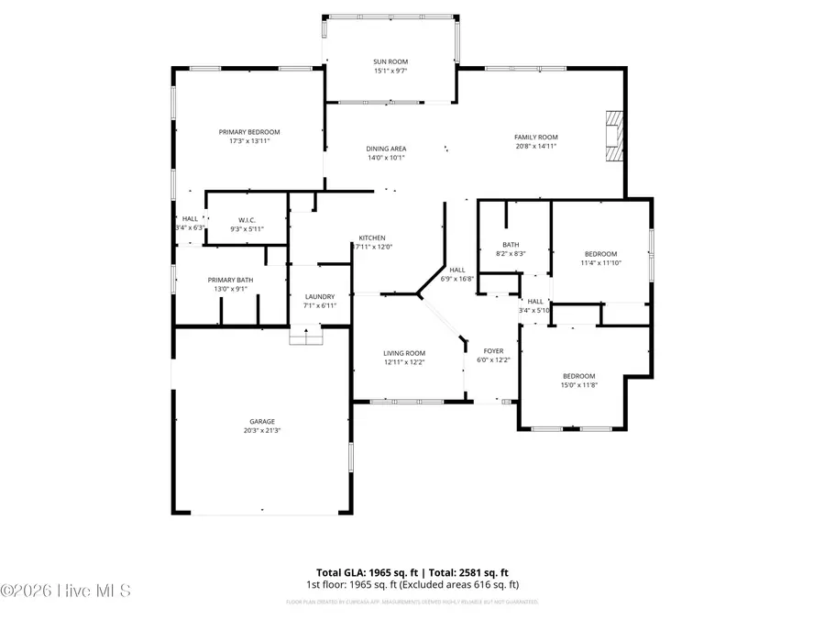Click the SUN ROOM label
pyautogui.click(x=390, y=61)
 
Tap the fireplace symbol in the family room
pyautogui.click(x=613, y=137)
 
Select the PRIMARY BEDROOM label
pyautogui.click(x=248, y=131)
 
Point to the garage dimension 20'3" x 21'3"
pyautogui.click(x=262, y=430)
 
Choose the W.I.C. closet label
pyautogui.click(x=247, y=220)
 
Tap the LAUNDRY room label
pyautogui.click(x=319, y=296)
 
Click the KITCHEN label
pyautogui.click(x=372, y=238)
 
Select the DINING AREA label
pyautogui.click(x=387, y=149)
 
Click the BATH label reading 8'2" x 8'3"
pyautogui.click(x=511, y=245)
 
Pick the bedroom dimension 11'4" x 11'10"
pyautogui.click(x=601, y=263)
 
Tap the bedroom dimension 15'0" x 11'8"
pyautogui.click(x=578, y=385)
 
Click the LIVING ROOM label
pyautogui.click(x=404, y=353)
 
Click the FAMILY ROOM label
pyautogui.click(x=535, y=137)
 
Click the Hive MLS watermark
pyautogui.click(x=66, y=590)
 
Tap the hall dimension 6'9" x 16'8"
pyautogui.click(x=457, y=278)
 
